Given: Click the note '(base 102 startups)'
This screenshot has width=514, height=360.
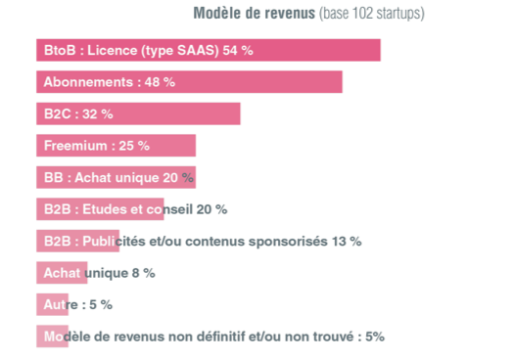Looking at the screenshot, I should coord(371,14).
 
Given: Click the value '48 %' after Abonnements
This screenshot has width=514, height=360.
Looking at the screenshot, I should coord(160,82).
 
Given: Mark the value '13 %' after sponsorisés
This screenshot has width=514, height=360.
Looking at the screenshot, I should coord(347,241).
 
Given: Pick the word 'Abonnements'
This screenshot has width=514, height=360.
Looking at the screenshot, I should coord(84,82).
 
